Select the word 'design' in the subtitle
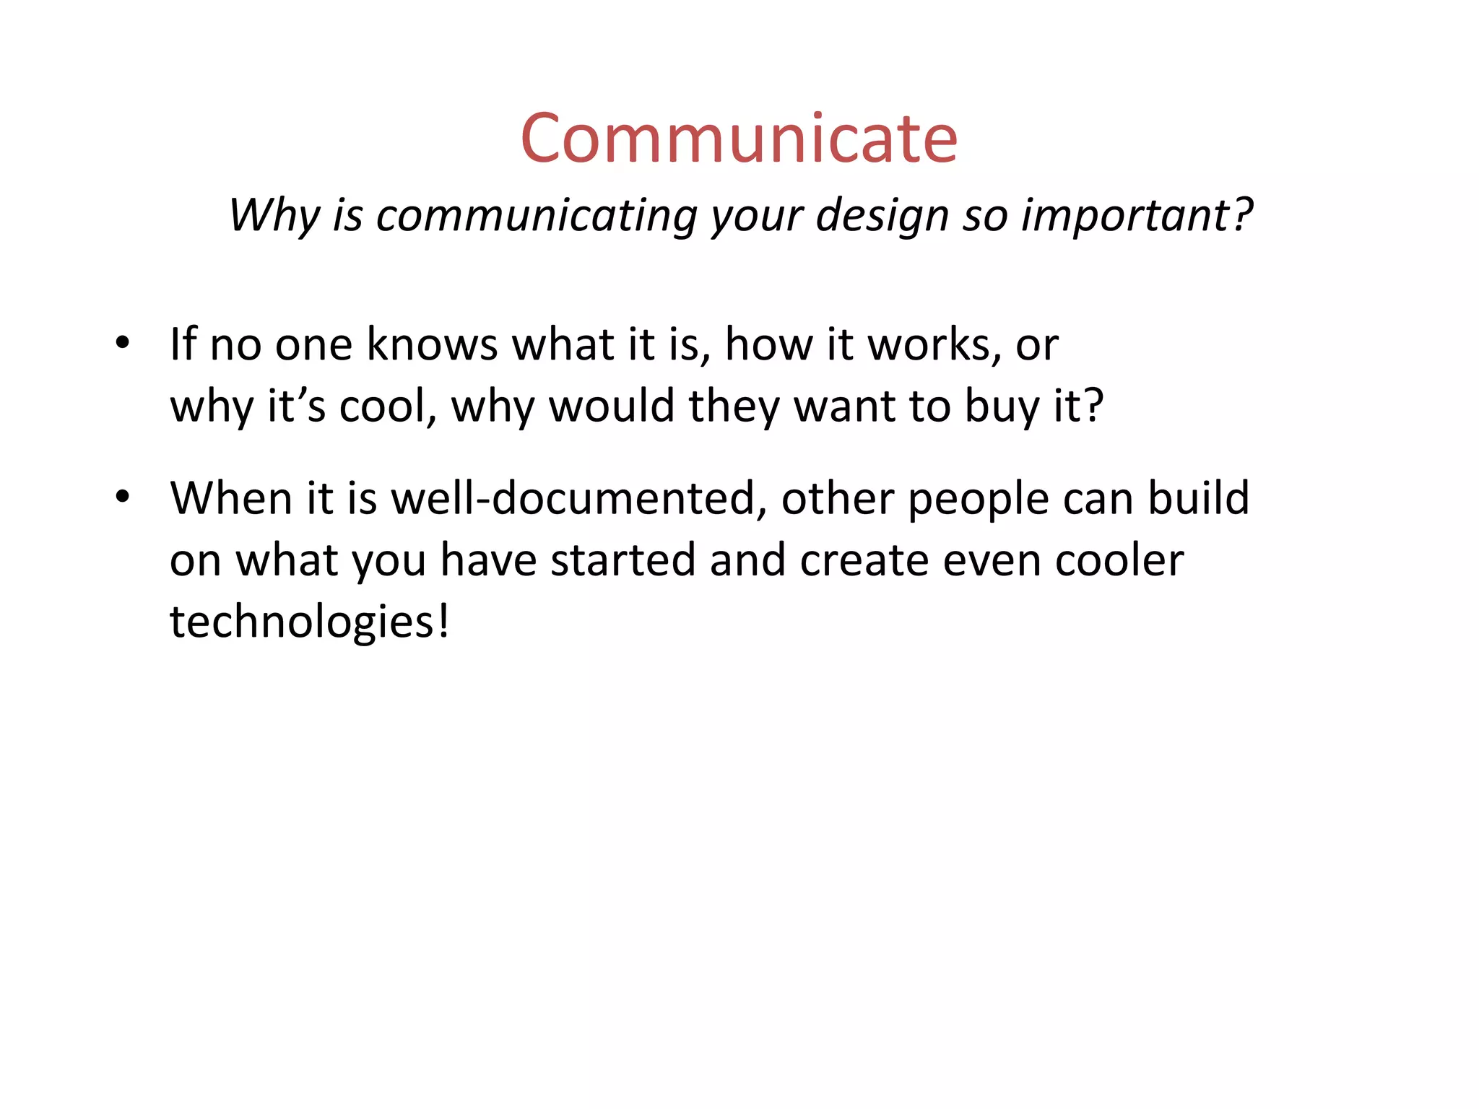pyautogui.click(x=882, y=216)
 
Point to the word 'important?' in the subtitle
pyautogui.click(x=1137, y=214)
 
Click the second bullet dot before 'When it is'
pyautogui.click(x=122, y=497)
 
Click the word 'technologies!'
pyautogui.click(x=310, y=622)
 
